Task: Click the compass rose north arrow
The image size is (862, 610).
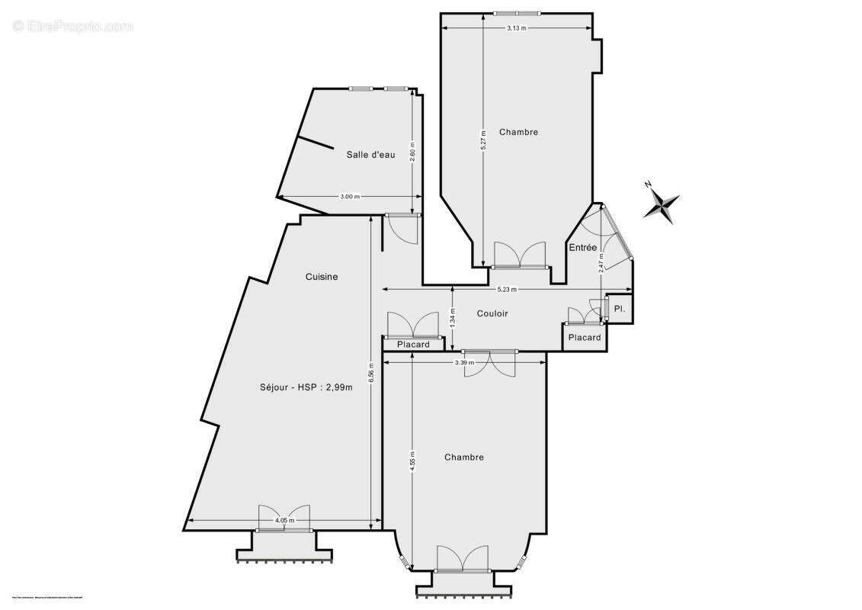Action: click(x=661, y=203)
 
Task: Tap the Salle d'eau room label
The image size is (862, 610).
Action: click(x=370, y=155)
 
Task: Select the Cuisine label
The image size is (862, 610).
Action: click(x=322, y=277)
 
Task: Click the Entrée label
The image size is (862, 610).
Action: click(x=582, y=247)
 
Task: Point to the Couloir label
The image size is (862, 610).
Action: click(x=492, y=313)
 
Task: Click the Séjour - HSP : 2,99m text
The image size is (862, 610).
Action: click(x=306, y=387)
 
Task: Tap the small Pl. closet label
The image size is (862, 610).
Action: click(x=620, y=309)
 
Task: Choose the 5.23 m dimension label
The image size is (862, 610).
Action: click(x=507, y=290)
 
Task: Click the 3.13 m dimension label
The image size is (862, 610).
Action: click(x=517, y=28)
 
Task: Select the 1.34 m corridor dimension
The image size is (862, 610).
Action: click(x=453, y=317)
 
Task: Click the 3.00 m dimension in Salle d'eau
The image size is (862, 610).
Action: click(x=349, y=197)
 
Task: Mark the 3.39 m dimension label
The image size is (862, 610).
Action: click(x=464, y=362)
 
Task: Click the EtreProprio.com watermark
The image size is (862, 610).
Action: click(x=72, y=26)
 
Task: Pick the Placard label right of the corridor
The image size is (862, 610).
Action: click(x=585, y=337)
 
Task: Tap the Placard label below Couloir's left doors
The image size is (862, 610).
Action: click(x=413, y=345)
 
